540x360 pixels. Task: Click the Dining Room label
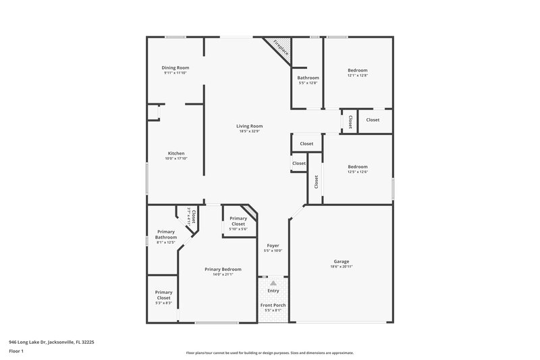175,68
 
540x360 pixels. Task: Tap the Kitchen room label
175,153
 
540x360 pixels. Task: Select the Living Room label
249,126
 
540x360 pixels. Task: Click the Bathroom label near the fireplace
308,78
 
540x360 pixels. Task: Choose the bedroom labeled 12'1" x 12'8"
357,70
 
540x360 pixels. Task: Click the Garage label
342,261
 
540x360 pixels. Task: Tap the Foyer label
273,246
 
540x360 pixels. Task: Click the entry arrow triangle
273,284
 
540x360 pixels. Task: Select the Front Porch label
273,305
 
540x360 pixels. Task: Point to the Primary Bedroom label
223,269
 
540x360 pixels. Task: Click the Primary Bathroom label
166,234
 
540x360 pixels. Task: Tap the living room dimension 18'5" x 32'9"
249,131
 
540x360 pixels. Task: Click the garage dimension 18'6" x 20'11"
342,266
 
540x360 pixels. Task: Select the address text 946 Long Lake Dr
53,342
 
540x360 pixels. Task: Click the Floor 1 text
17,351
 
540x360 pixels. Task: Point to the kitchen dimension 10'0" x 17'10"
175,159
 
